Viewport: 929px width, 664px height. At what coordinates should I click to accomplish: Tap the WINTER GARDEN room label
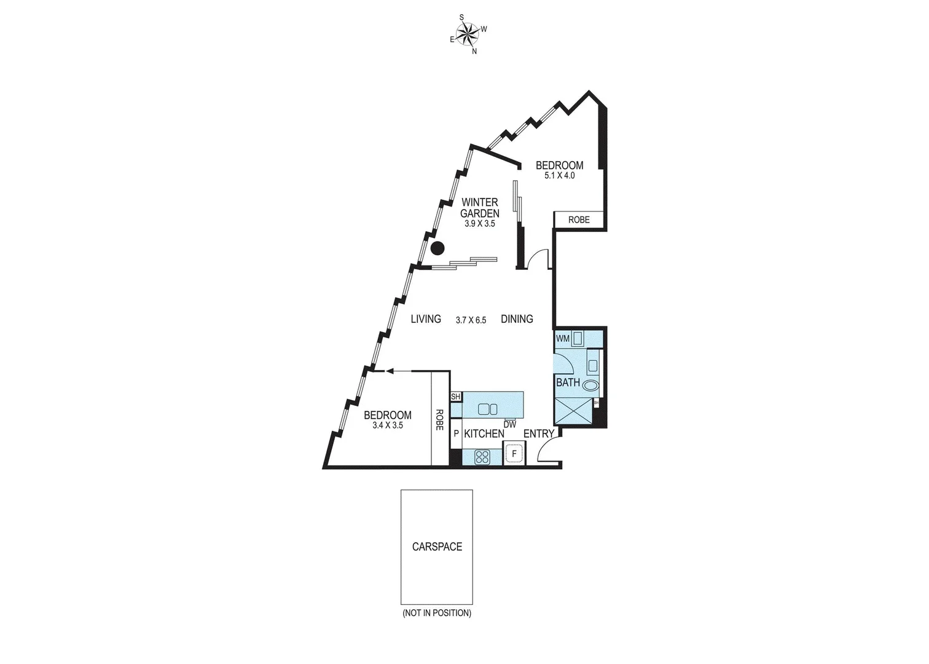(x=480, y=208)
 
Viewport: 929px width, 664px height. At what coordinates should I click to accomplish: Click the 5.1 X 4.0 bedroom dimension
(x=559, y=176)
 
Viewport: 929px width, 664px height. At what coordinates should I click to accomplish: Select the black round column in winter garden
(x=437, y=248)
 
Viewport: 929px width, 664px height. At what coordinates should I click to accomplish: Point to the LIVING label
(x=426, y=319)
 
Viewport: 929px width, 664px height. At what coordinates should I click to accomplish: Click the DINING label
(x=517, y=319)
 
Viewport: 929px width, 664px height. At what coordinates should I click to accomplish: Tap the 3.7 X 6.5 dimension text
(x=471, y=320)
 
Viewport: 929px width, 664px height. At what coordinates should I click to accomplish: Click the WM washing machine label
(x=562, y=339)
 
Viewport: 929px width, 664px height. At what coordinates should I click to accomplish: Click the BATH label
(x=568, y=382)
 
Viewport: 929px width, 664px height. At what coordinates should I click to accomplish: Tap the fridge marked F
(x=514, y=455)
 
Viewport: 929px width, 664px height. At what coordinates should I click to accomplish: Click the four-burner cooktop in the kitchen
(x=482, y=457)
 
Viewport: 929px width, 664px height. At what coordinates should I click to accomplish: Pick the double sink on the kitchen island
(x=488, y=409)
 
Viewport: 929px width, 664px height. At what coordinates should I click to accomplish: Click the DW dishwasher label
(x=509, y=424)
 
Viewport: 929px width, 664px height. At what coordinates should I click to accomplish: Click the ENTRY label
(x=538, y=434)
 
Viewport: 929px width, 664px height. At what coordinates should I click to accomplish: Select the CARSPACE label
(x=437, y=547)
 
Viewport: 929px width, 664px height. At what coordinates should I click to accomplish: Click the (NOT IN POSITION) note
(x=437, y=613)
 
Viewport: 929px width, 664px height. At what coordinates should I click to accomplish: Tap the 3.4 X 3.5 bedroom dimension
(x=388, y=425)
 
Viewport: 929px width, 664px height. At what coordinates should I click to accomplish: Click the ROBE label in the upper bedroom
(x=579, y=219)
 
